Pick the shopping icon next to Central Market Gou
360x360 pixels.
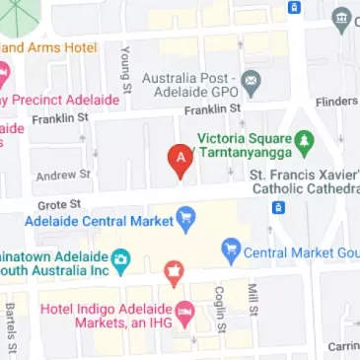click(231, 251)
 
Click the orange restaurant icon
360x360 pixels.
click(174, 270)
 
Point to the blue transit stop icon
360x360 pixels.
click(280, 207)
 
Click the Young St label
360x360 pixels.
click(124, 70)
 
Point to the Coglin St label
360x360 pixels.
click(221, 310)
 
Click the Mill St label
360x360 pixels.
click(252, 300)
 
